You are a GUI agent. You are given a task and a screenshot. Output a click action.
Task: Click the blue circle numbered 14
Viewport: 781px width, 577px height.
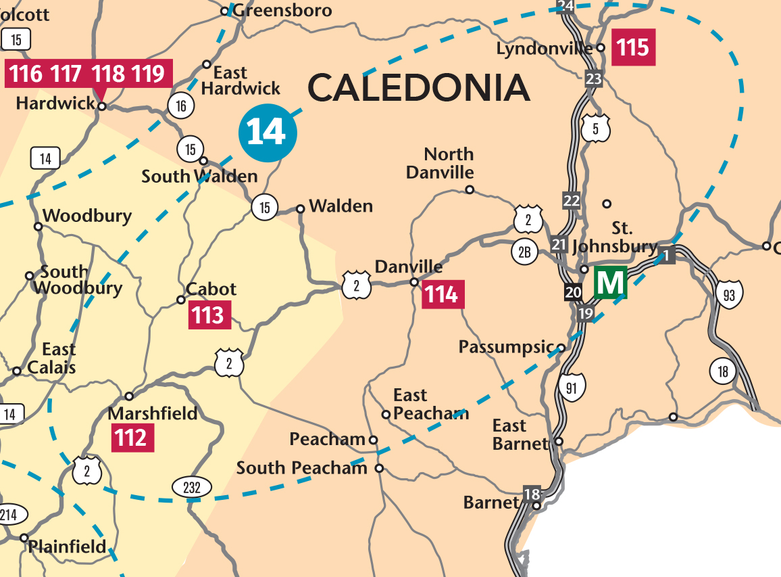click(268, 133)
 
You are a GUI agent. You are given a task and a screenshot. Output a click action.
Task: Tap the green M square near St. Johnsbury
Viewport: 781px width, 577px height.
click(611, 282)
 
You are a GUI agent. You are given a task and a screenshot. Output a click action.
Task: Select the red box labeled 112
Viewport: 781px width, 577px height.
click(132, 438)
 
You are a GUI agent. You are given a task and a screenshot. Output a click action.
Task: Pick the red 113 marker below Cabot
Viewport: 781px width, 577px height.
click(209, 315)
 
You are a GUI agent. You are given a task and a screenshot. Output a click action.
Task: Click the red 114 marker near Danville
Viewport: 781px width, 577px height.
click(443, 295)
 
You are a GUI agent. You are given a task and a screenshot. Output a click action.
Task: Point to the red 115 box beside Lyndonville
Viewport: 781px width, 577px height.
click(633, 47)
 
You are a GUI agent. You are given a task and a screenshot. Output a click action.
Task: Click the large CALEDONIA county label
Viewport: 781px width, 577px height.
click(419, 88)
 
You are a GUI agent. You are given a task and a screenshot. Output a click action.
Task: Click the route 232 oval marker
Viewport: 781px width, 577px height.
click(192, 486)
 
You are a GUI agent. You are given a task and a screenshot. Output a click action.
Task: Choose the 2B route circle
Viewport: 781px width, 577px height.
click(525, 253)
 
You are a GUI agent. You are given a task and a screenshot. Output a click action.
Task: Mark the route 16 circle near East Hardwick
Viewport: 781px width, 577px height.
click(181, 106)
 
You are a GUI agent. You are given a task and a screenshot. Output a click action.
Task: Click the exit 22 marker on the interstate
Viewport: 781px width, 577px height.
click(572, 200)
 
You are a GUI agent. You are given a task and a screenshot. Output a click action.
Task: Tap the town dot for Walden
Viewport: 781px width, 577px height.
click(301, 208)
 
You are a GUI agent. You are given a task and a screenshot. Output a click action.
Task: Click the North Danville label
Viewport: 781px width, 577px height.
click(440, 163)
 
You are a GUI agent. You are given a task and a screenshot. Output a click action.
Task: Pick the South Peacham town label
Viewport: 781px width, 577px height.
click(301, 468)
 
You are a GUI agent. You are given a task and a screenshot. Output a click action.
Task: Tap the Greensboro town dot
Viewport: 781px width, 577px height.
click(225, 11)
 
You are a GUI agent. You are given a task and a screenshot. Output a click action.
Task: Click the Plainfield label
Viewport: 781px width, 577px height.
click(68, 546)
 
